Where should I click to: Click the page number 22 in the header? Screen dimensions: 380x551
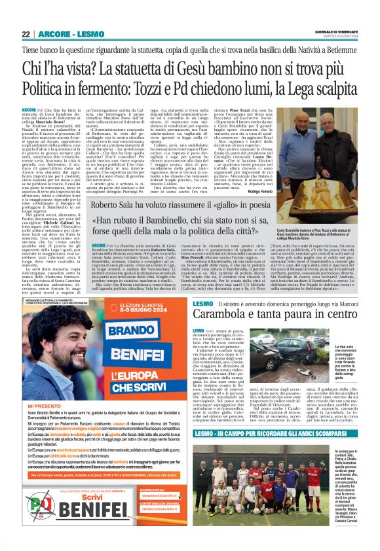[26, 34]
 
